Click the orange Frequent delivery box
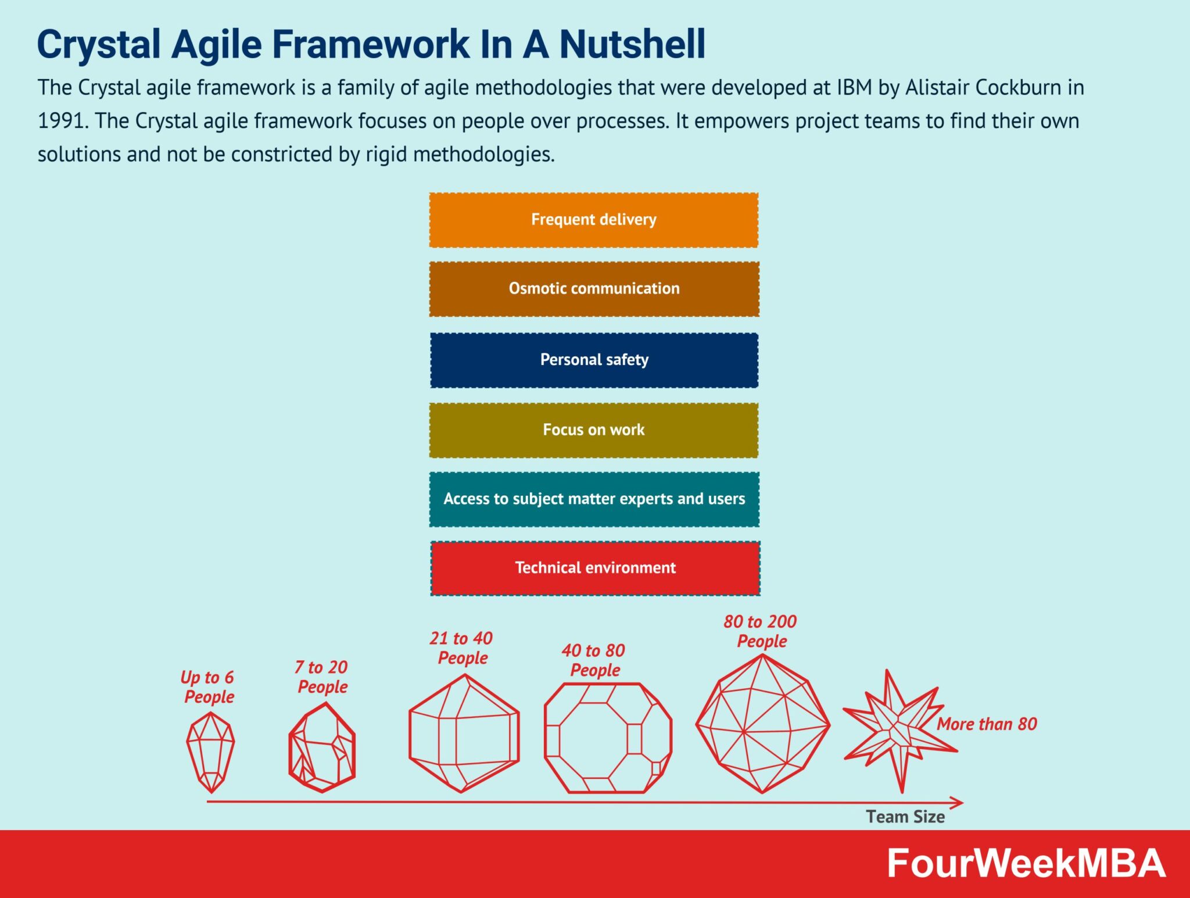click(593, 220)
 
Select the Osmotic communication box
click(594, 289)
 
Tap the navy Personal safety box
click(594, 360)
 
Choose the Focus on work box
click(593, 430)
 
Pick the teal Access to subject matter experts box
click(594, 499)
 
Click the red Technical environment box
click(595, 568)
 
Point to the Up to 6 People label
click(208, 687)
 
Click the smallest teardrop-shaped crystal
click(210, 751)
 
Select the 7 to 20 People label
click(322, 677)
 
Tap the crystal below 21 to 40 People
click(463, 734)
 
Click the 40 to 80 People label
click(594, 660)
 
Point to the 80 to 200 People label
click(761, 631)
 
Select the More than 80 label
click(986, 724)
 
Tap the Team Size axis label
click(905, 817)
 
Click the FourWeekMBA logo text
click(1026, 864)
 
